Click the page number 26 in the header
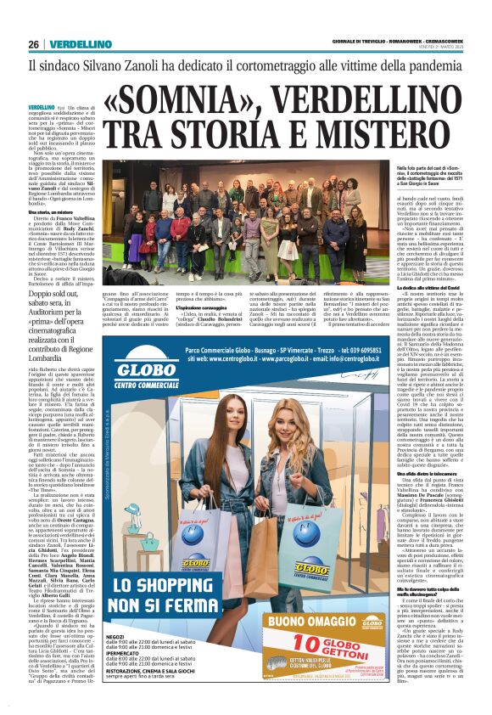pos(33,43)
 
